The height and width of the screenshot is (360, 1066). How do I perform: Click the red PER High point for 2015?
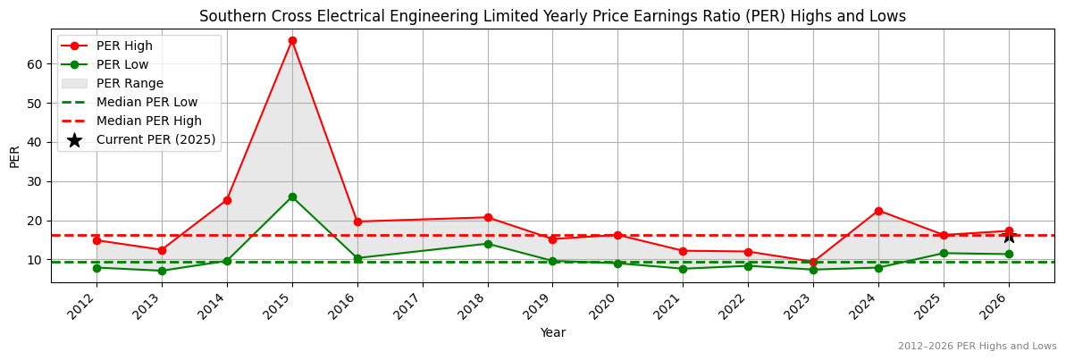pyautogui.click(x=292, y=40)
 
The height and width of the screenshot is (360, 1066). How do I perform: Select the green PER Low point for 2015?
pyautogui.click(x=292, y=197)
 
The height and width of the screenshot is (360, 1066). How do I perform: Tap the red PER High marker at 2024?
pyautogui.click(x=878, y=211)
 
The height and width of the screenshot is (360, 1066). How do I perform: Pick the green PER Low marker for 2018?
pyautogui.click(x=488, y=244)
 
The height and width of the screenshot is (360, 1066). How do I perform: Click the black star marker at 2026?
pyautogui.click(x=1009, y=236)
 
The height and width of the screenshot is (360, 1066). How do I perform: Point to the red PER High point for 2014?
pyautogui.click(x=227, y=200)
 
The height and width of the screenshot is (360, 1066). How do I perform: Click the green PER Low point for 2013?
pyautogui.click(x=162, y=271)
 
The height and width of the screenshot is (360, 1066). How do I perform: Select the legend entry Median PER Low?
pyautogui.click(x=147, y=102)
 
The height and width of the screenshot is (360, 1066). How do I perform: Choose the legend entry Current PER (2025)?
pyautogui.click(x=155, y=139)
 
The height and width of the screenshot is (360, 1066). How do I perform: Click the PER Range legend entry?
pyautogui.click(x=130, y=83)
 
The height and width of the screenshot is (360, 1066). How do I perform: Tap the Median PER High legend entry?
pyautogui.click(x=148, y=121)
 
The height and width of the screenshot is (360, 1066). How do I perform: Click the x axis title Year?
pyautogui.click(x=552, y=332)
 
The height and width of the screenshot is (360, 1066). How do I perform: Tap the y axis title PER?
pyautogui.click(x=14, y=155)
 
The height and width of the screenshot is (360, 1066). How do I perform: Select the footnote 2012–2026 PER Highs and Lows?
pyautogui.click(x=977, y=347)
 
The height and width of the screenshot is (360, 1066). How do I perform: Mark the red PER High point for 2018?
pyautogui.click(x=488, y=217)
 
